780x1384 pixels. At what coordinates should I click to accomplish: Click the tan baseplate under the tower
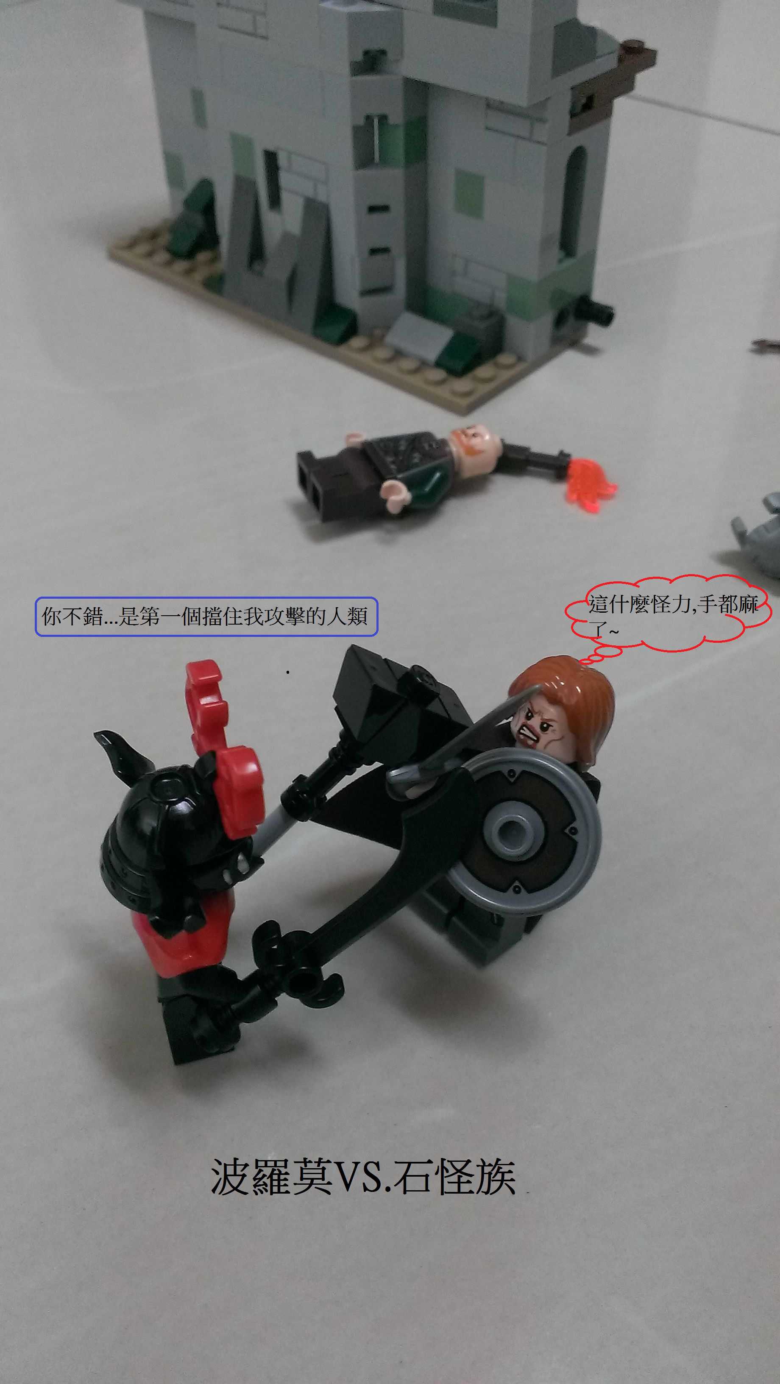coord(344,344)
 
